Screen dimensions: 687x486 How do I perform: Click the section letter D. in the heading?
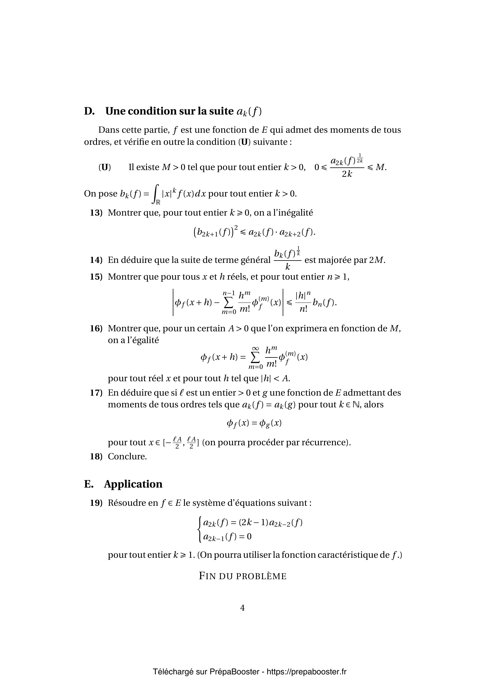[x=89, y=111]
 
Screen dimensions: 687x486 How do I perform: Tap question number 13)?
[x=96, y=213]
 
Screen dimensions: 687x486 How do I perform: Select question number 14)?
[x=96, y=260]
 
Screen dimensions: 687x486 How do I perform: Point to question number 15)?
[x=96, y=277]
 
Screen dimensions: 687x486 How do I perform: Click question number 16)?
[x=96, y=329]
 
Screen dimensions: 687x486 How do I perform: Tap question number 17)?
[x=96, y=393]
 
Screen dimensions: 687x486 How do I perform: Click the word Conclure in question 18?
[x=127, y=456]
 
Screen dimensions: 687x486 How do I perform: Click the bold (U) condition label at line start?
[x=104, y=167]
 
